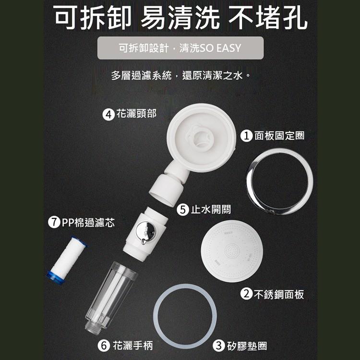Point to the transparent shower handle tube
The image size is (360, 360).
(110, 293)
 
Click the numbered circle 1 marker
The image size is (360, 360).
(246, 136)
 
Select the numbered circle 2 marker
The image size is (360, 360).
(246, 294)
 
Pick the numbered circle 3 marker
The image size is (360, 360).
(219, 345)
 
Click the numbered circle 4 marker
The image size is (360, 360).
(109, 114)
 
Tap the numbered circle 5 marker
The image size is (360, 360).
(182, 209)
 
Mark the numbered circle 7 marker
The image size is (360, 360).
(55, 223)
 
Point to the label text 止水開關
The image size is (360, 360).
(210, 209)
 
